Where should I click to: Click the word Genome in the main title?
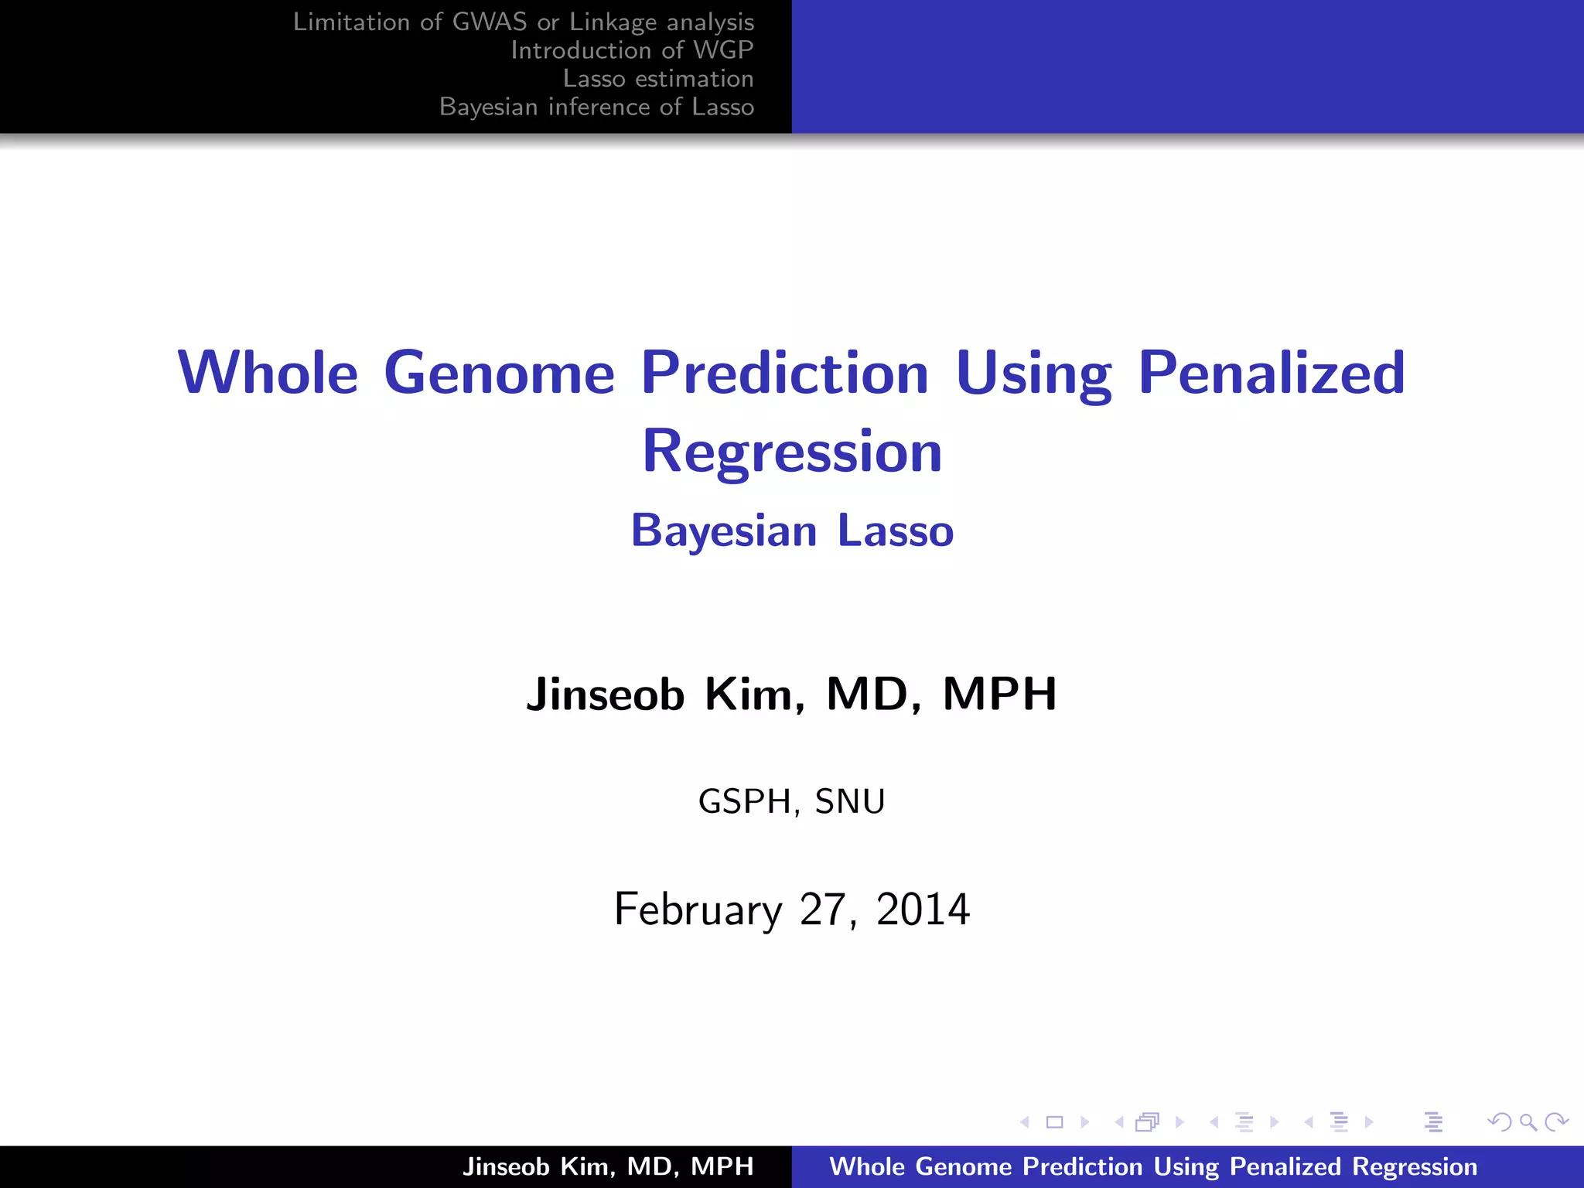click(x=499, y=373)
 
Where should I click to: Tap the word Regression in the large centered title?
click(x=792, y=452)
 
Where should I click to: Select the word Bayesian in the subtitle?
click(x=724, y=531)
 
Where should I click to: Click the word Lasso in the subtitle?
click(x=896, y=531)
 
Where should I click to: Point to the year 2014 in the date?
click(x=923, y=910)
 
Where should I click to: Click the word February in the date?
click(x=698, y=910)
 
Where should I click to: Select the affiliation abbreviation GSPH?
click(x=745, y=801)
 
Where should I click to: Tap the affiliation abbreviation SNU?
click(x=850, y=801)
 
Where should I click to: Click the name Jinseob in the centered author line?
click(x=606, y=694)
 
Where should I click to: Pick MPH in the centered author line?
click(x=999, y=694)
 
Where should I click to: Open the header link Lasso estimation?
click(x=658, y=79)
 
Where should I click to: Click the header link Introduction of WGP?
click(x=632, y=50)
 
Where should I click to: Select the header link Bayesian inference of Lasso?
click(x=596, y=107)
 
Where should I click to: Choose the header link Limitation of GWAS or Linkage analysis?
click(x=523, y=22)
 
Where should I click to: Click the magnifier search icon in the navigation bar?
click(x=1528, y=1122)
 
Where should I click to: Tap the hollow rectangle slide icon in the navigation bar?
click(x=1054, y=1122)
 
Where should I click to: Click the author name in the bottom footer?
click(x=608, y=1166)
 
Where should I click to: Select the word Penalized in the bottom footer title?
click(x=1285, y=1166)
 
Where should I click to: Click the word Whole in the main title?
click(x=268, y=373)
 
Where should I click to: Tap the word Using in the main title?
click(x=1033, y=373)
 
